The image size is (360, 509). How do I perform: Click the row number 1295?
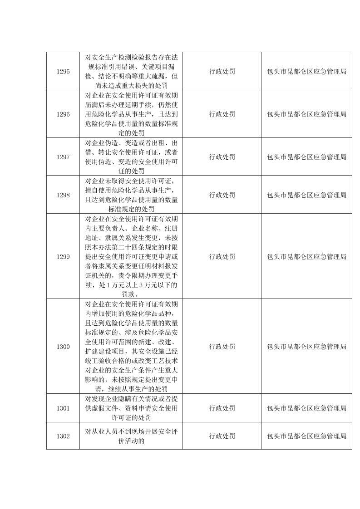(x=63, y=72)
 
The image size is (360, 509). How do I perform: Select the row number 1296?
(x=63, y=114)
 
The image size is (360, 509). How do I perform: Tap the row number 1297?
(x=63, y=157)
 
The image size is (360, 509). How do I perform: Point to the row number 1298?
(x=63, y=195)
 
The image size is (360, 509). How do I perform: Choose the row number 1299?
(x=63, y=257)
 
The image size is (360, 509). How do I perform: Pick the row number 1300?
(x=63, y=347)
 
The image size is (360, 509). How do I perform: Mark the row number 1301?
(x=63, y=408)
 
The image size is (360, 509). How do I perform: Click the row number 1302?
(x=63, y=436)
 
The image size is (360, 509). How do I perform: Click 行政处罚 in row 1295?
(x=222, y=72)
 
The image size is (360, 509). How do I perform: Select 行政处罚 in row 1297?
(x=222, y=157)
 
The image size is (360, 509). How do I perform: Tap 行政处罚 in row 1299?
(x=222, y=257)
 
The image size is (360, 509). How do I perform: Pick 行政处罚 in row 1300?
(x=222, y=347)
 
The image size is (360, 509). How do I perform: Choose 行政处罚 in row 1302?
(x=222, y=436)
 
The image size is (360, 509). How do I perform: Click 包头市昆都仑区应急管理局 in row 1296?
(x=307, y=114)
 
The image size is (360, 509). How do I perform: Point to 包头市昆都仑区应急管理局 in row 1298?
(x=307, y=195)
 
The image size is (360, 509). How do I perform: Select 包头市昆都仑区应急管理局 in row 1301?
(x=307, y=408)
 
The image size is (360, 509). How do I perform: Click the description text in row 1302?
(x=131, y=436)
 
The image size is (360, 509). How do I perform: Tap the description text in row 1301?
(x=131, y=408)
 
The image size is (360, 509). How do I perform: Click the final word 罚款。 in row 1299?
(x=131, y=294)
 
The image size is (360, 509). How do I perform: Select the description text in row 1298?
(x=131, y=195)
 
